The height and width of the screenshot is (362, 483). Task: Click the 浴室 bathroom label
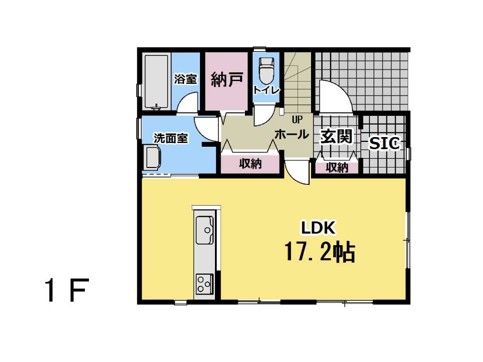click(185, 79)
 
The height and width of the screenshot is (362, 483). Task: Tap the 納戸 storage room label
click(227, 79)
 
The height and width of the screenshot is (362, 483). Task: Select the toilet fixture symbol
click(267, 70)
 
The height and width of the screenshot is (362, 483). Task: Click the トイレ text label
click(266, 90)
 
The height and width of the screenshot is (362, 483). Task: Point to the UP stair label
click(297, 120)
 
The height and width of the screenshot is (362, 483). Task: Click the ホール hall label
click(291, 134)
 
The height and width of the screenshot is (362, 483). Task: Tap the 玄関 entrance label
click(336, 137)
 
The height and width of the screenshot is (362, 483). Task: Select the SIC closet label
click(384, 143)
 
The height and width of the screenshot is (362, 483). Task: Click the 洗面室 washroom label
click(171, 138)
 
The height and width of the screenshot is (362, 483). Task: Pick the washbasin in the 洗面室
click(153, 158)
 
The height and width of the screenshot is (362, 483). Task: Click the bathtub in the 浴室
click(157, 82)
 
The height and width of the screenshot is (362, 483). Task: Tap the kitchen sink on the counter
click(204, 230)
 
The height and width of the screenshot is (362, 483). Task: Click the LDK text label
click(318, 228)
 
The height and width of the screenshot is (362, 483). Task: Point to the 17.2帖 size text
click(320, 252)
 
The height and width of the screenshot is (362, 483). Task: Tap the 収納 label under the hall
click(250, 164)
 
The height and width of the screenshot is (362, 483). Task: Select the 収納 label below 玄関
click(337, 168)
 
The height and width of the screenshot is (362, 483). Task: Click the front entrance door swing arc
click(342, 91)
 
